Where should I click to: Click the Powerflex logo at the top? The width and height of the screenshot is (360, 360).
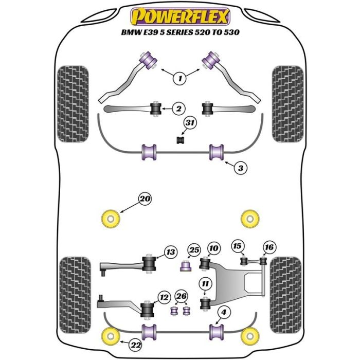point(179,17)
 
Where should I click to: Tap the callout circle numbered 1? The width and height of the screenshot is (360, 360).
point(179,79)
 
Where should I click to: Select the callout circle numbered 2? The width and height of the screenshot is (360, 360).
point(178,109)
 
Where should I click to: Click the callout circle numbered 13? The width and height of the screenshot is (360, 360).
point(170,252)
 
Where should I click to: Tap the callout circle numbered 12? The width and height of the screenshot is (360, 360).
point(164,297)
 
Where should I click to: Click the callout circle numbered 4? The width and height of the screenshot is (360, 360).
point(224,311)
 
